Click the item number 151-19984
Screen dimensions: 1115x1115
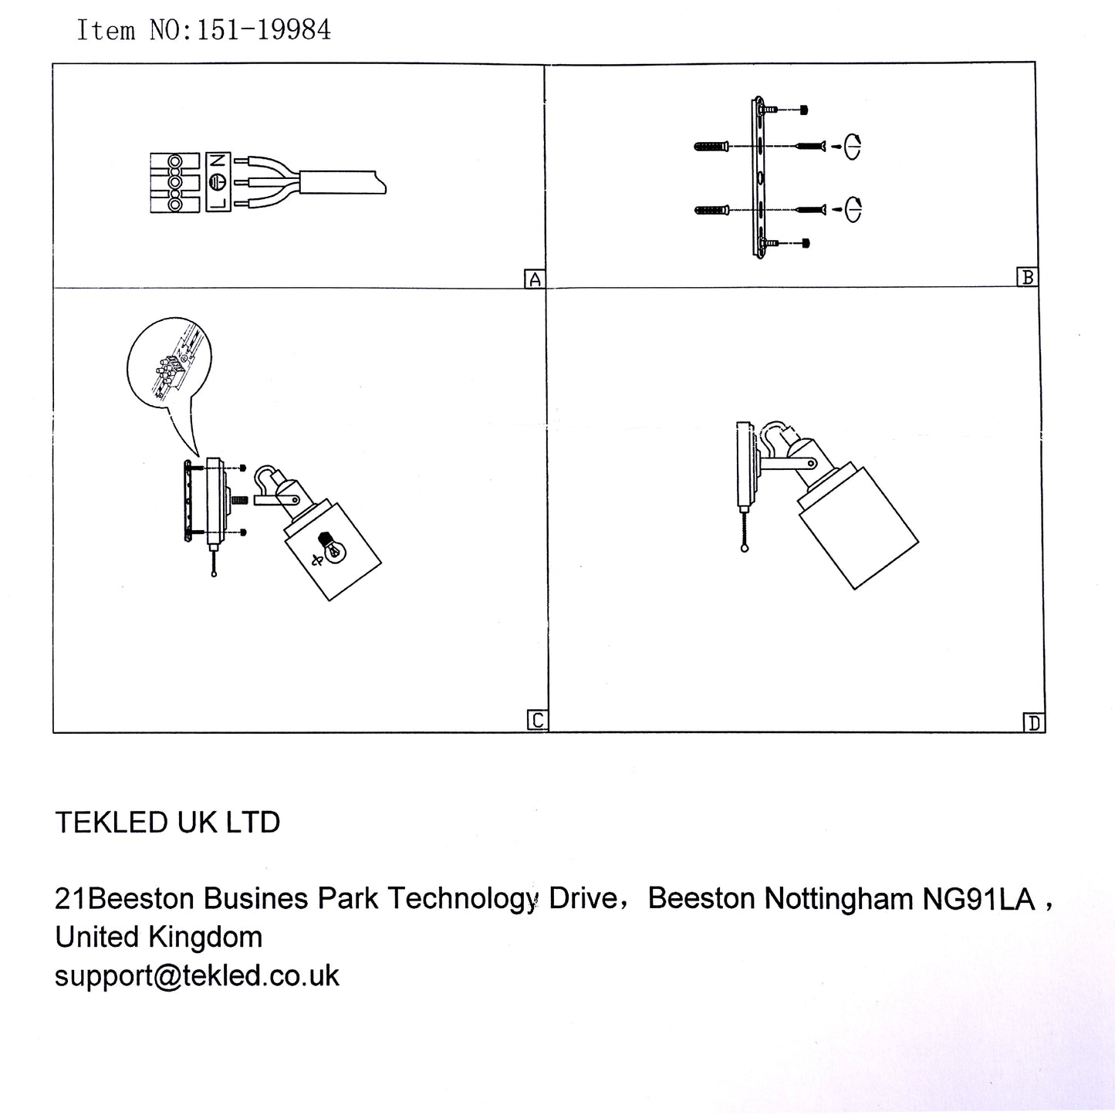(x=264, y=30)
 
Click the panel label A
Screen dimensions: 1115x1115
(x=535, y=279)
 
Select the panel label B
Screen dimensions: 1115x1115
(x=1028, y=277)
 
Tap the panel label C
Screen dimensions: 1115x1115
(x=538, y=721)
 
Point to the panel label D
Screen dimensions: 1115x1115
(x=1034, y=723)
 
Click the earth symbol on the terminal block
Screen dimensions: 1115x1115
(x=218, y=181)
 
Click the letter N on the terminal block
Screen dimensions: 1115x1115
(x=218, y=160)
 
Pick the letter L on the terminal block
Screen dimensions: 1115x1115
(x=218, y=202)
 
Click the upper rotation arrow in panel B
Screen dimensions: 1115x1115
(x=852, y=146)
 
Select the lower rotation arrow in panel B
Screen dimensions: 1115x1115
(x=853, y=209)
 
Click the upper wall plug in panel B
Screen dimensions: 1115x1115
(x=711, y=147)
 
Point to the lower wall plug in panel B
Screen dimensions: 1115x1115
(x=711, y=210)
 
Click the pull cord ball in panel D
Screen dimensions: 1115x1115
(x=745, y=549)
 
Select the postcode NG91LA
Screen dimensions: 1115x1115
(x=978, y=900)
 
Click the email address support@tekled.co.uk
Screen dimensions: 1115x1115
(x=197, y=976)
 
